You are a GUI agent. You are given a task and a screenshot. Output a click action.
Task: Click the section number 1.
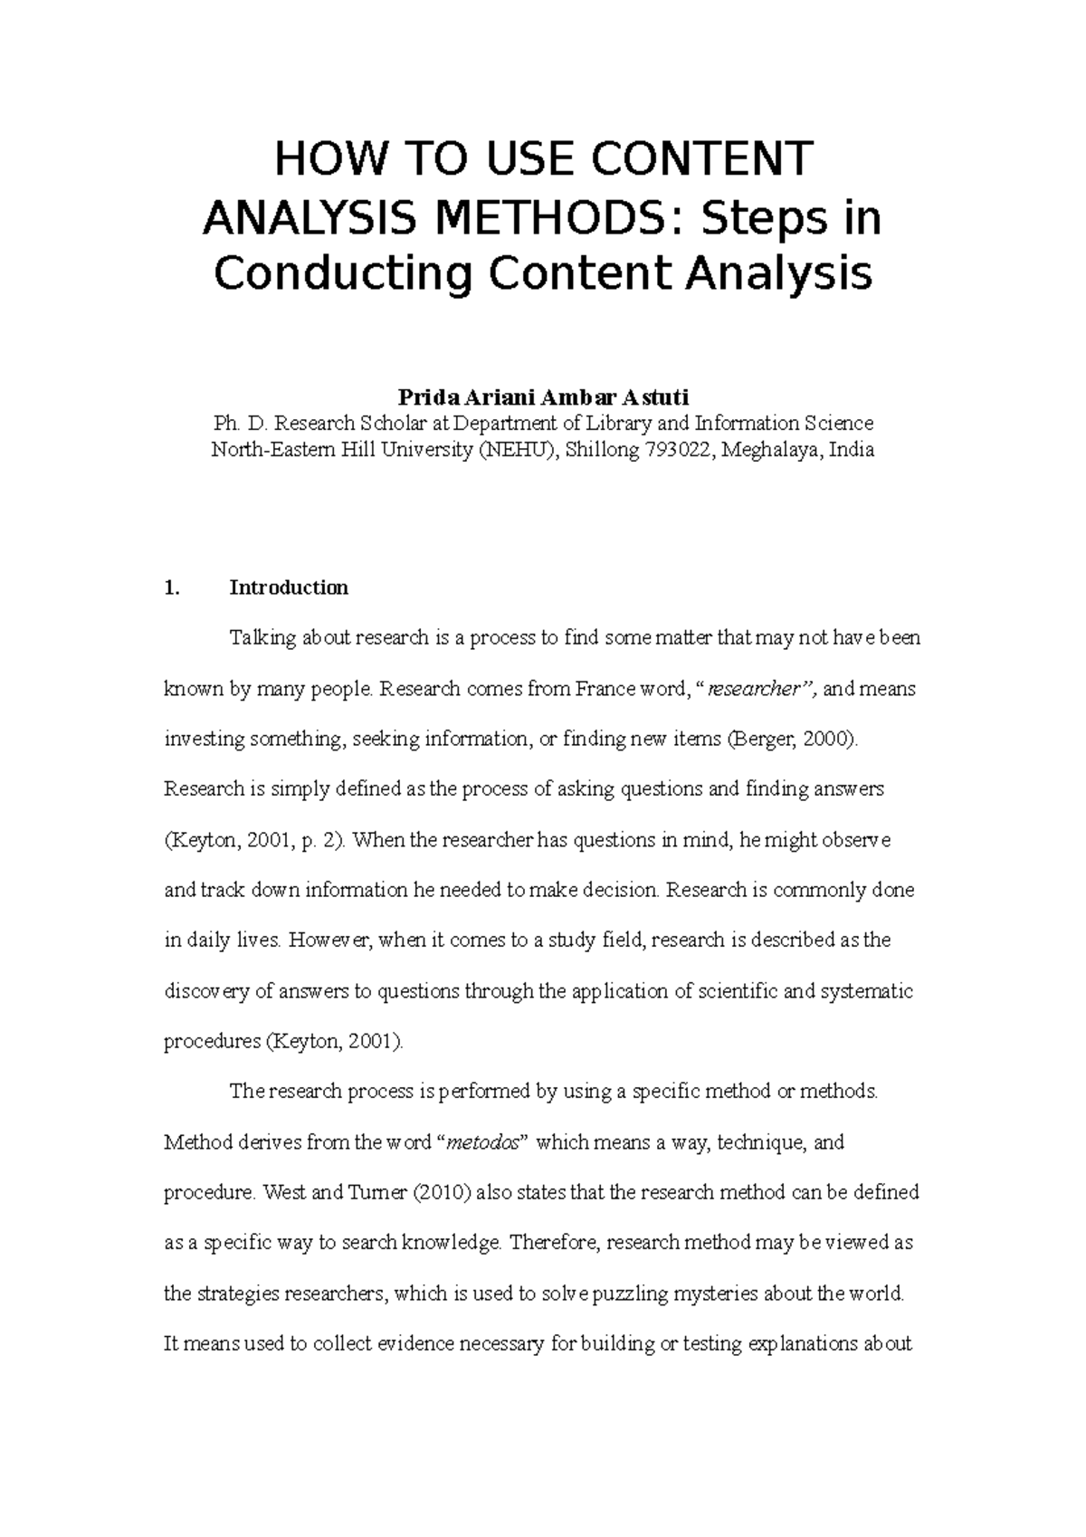click(172, 588)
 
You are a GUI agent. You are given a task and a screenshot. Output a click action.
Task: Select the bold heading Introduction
click(289, 588)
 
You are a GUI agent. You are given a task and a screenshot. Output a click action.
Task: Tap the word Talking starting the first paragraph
click(261, 639)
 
